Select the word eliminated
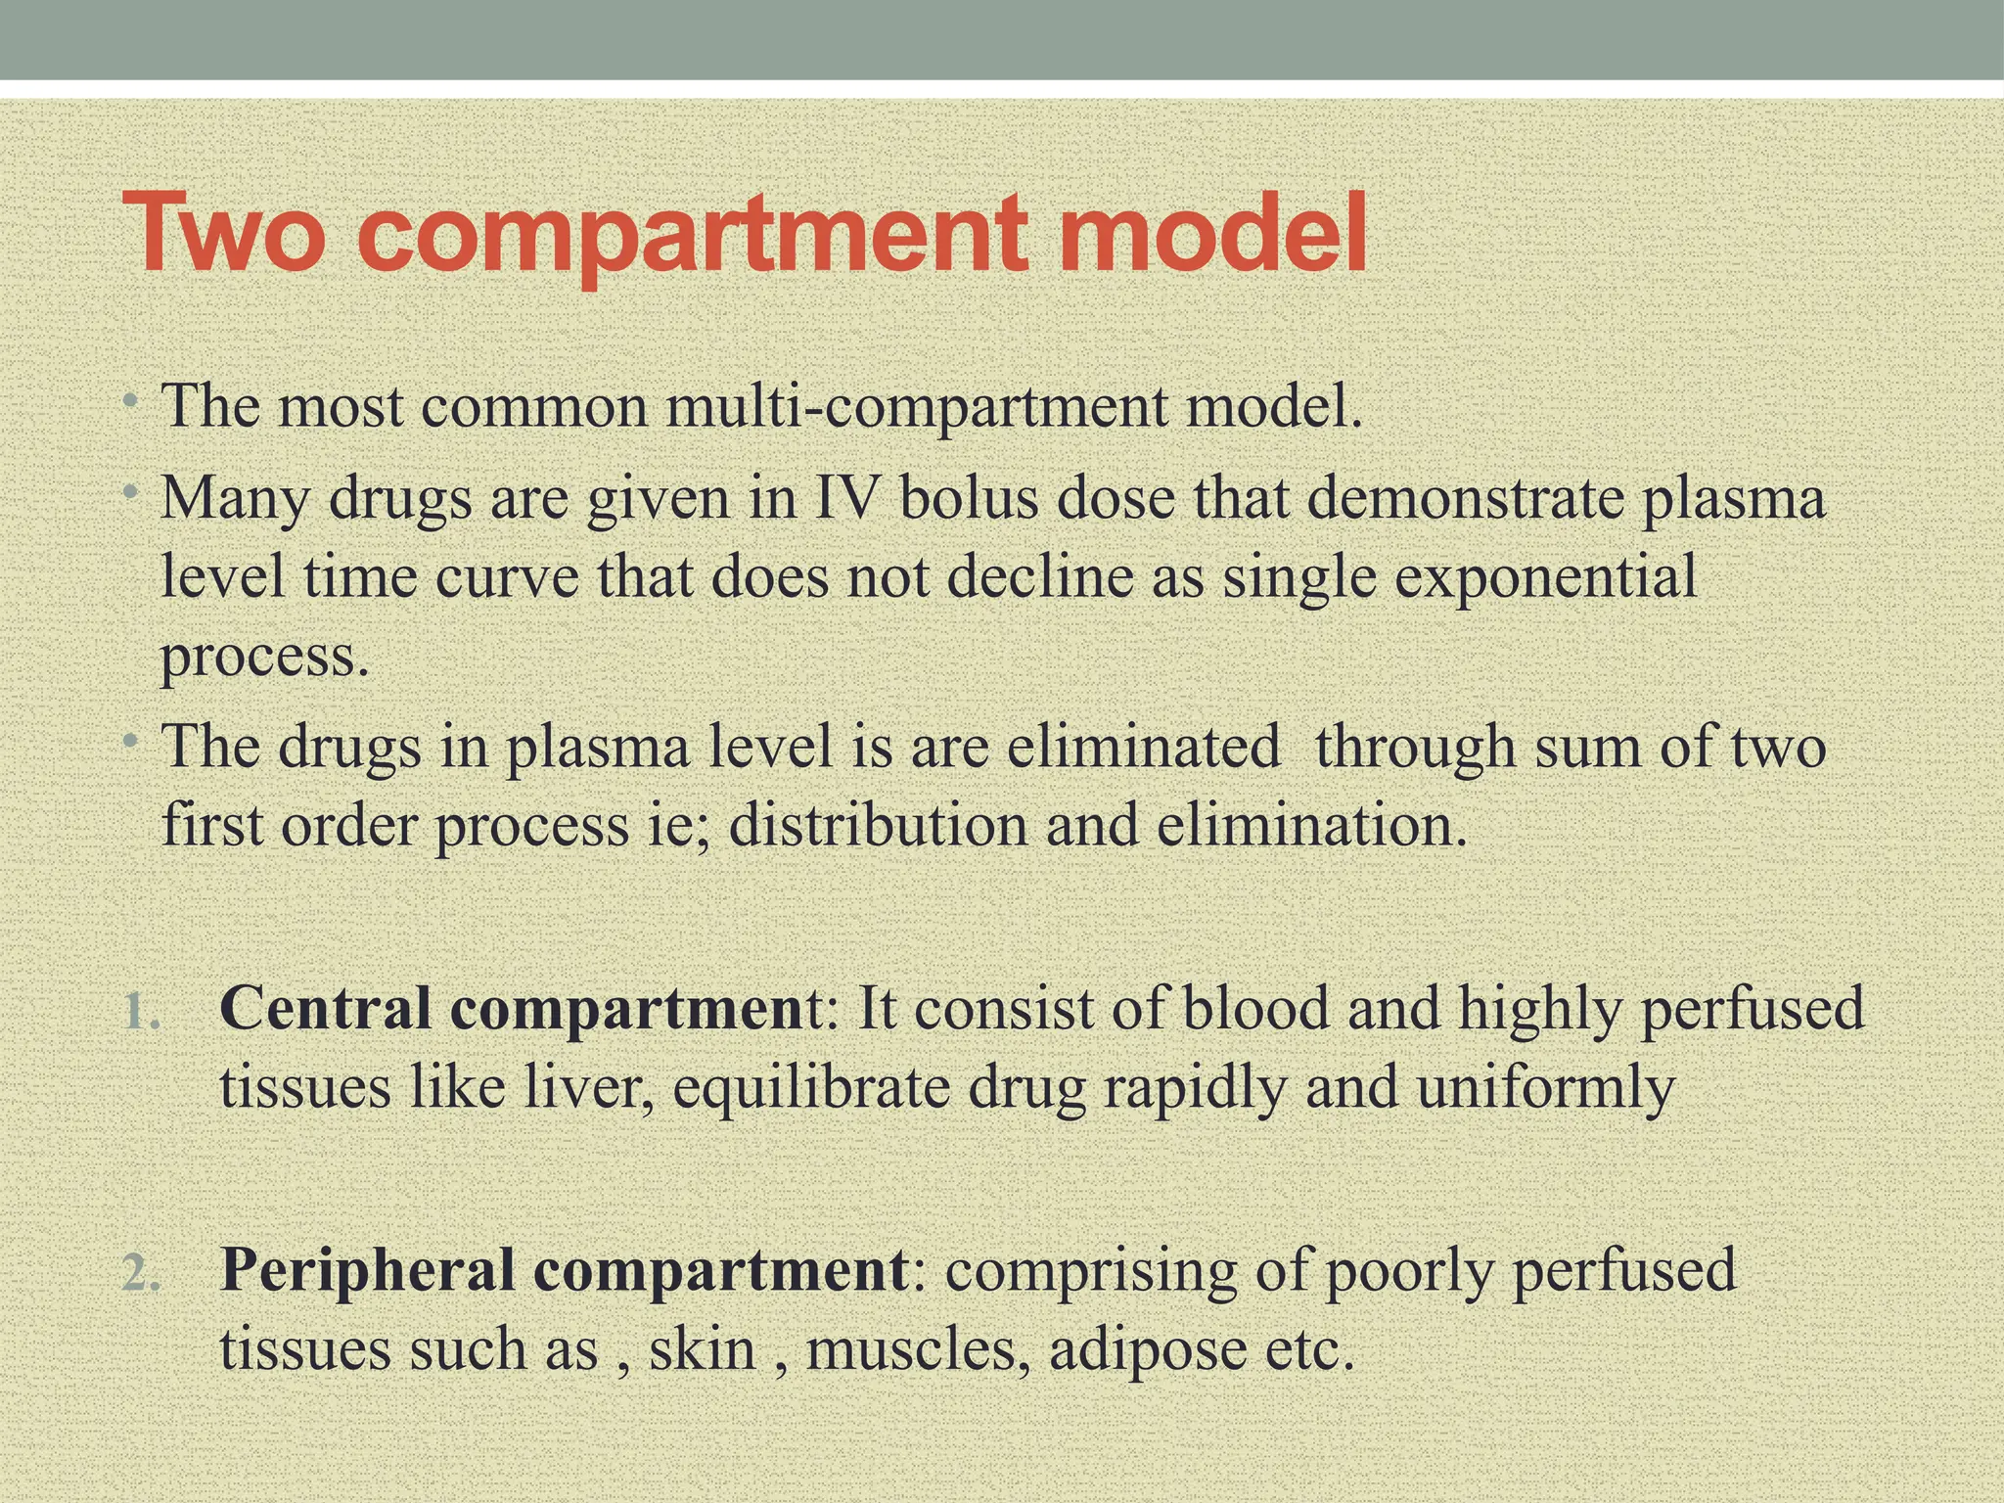[x=1144, y=747]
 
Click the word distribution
[x=878, y=825]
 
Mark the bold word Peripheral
[x=368, y=1269]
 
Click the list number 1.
[x=142, y=1012]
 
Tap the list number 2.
[x=142, y=1273]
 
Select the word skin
[x=703, y=1349]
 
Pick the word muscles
[x=917, y=1349]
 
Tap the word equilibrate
[x=811, y=1087]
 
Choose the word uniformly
[x=1545, y=1087]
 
